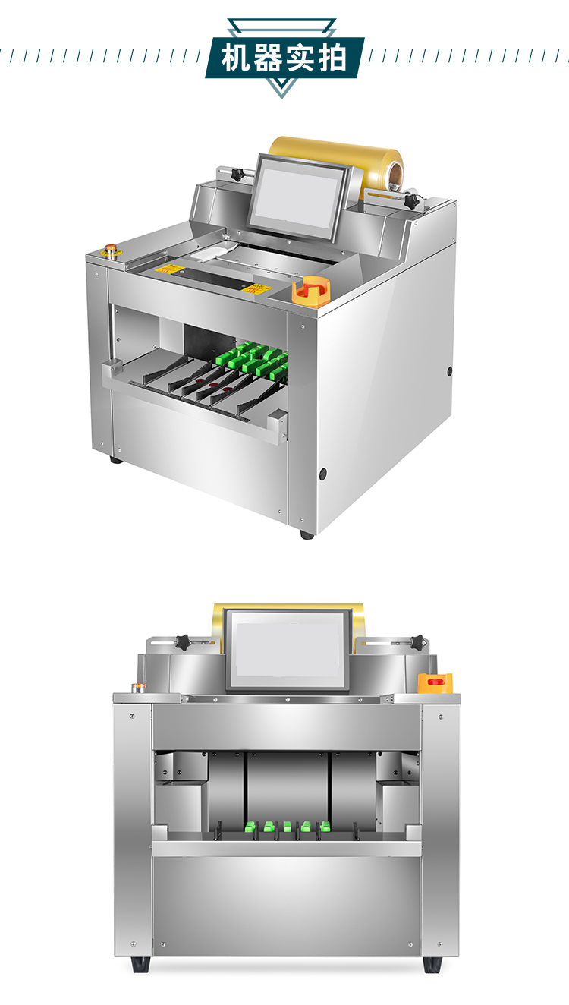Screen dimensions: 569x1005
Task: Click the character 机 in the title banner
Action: (x=235, y=58)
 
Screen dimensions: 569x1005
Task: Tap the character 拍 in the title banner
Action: (x=332, y=58)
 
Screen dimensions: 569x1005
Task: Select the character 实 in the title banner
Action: (x=300, y=58)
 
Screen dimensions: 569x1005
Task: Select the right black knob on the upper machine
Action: (x=412, y=200)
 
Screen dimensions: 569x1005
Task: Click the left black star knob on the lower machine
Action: (x=183, y=642)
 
